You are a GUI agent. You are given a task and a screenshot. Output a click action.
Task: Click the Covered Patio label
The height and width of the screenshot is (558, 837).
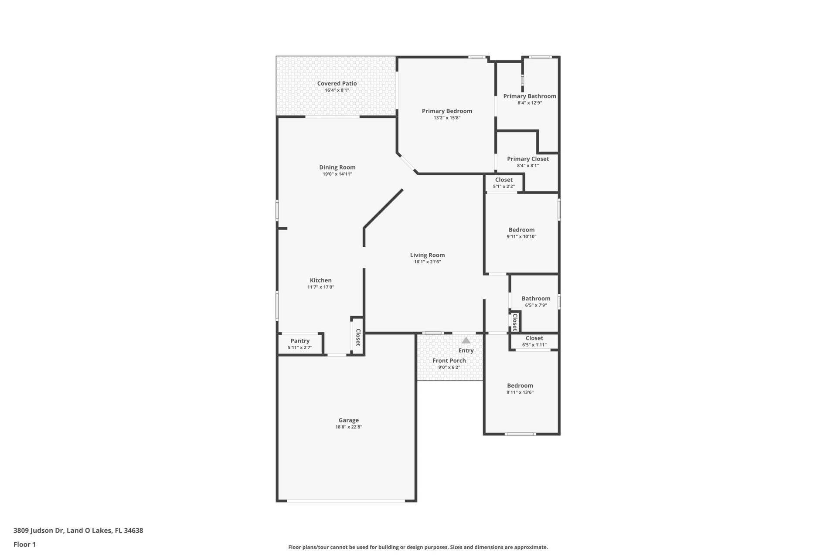click(x=337, y=84)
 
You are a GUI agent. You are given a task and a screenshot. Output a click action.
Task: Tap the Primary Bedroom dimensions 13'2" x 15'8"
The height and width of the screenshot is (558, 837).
click(x=447, y=118)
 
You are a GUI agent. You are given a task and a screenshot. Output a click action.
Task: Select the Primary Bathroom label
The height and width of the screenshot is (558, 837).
click(x=530, y=96)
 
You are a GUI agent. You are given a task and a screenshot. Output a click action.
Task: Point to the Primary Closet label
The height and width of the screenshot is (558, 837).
click(x=528, y=159)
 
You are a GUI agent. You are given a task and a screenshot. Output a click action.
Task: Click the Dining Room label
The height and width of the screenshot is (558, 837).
click(x=337, y=167)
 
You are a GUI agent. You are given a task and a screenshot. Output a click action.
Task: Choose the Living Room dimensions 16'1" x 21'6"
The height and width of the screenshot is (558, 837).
click(x=428, y=262)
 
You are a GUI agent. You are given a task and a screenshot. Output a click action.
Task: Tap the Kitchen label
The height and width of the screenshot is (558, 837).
click(x=321, y=281)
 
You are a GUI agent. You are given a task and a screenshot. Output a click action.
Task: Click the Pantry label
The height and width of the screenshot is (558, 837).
click(x=300, y=341)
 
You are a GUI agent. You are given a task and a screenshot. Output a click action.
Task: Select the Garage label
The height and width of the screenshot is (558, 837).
click(x=349, y=420)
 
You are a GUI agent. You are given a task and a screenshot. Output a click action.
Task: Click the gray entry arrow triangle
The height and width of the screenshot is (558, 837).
click(x=466, y=340)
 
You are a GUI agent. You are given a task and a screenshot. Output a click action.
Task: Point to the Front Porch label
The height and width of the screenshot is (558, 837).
click(x=449, y=361)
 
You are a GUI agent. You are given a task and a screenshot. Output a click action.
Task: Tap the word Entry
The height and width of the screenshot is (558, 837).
click(x=466, y=350)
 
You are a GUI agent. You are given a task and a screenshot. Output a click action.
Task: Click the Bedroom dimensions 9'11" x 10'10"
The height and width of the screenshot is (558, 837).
click(x=521, y=237)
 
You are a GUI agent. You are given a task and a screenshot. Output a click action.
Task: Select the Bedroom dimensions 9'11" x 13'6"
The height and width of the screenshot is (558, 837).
click(x=520, y=392)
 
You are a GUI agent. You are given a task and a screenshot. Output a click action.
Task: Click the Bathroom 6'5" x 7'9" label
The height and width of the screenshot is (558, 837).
click(x=536, y=299)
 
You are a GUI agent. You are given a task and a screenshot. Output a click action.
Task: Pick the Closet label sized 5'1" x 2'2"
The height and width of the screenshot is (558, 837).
click(x=504, y=180)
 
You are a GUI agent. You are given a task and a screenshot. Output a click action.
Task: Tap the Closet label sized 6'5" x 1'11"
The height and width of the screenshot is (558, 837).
click(x=534, y=338)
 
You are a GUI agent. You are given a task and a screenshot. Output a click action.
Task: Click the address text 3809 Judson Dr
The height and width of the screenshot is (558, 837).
click(x=38, y=531)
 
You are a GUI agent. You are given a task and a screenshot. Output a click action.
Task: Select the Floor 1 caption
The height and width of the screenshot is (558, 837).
click(x=25, y=544)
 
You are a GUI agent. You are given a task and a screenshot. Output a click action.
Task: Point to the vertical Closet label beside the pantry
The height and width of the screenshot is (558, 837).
click(x=358, y=337)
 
